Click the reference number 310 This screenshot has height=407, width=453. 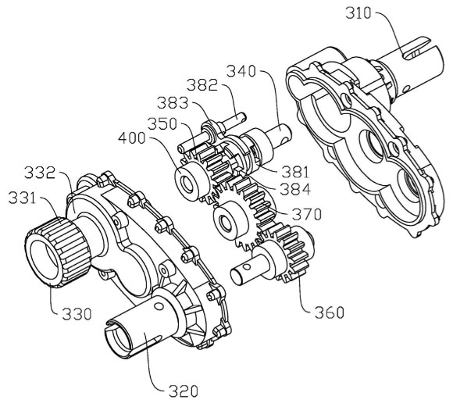pos(358,13)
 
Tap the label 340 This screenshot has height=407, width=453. pos(241,71)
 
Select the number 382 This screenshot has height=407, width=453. pos(202,85)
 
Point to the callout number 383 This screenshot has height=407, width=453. pos(173,102)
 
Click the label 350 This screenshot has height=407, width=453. pos(162,123)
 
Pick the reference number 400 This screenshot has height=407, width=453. pos(132,138)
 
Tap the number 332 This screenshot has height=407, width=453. pos(40,173)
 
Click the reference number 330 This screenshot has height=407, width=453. pos(77,314)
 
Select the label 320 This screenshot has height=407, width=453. pos(184,391)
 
